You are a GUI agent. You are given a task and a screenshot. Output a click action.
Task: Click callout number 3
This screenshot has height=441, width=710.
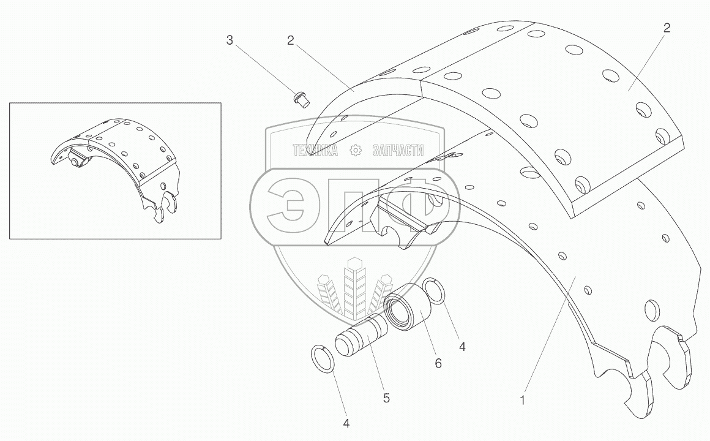click(230, 41)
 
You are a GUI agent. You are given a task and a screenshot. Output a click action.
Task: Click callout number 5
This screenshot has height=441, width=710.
click(386, 398)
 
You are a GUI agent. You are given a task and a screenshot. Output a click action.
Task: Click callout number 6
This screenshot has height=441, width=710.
click(438, 363)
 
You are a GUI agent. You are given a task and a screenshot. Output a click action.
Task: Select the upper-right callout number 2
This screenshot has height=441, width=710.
click(667, 28)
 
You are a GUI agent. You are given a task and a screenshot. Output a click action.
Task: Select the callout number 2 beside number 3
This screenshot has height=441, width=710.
click(291, 41)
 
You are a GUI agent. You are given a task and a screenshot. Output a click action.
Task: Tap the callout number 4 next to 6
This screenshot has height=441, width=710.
click(462, 346)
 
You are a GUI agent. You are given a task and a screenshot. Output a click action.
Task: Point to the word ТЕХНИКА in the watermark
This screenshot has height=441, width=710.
click(316, 151)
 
